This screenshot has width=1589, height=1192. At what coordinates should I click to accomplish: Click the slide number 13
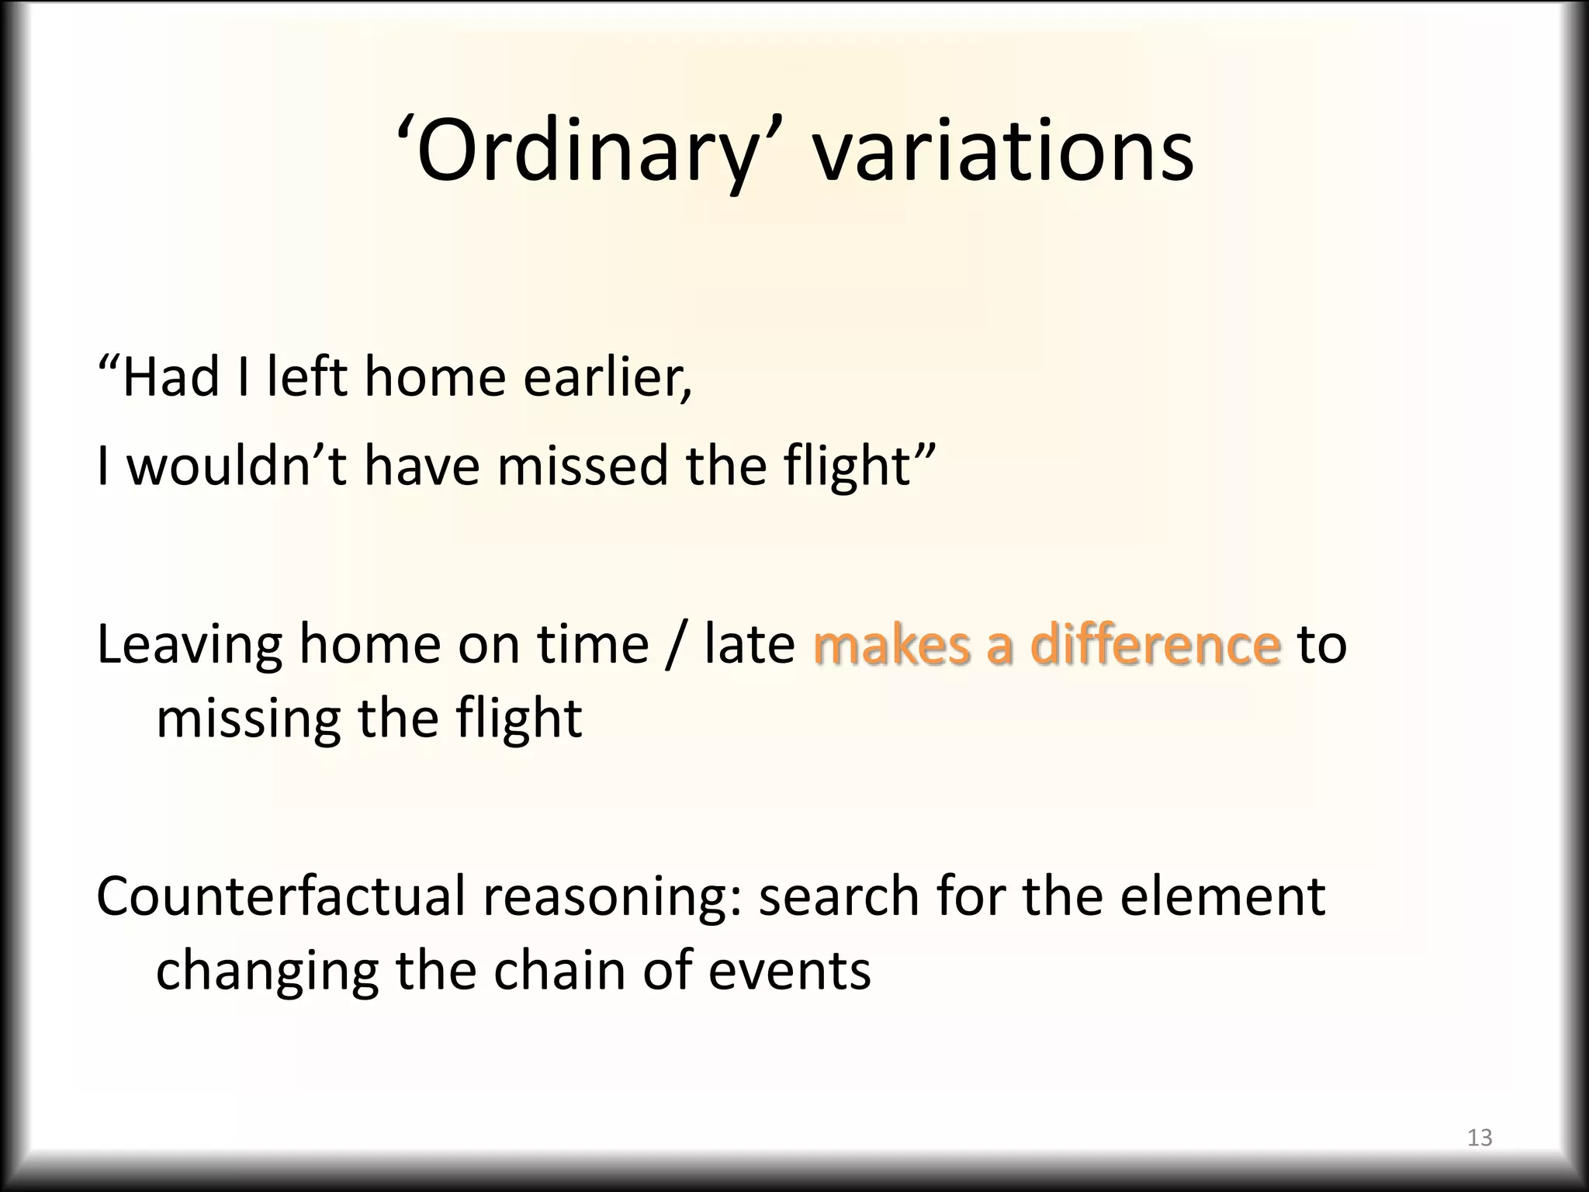point(1480,1138)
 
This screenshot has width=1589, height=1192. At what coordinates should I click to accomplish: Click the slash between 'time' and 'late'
point(676,646)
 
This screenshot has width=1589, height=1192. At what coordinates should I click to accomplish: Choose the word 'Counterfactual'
point(279,896)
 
